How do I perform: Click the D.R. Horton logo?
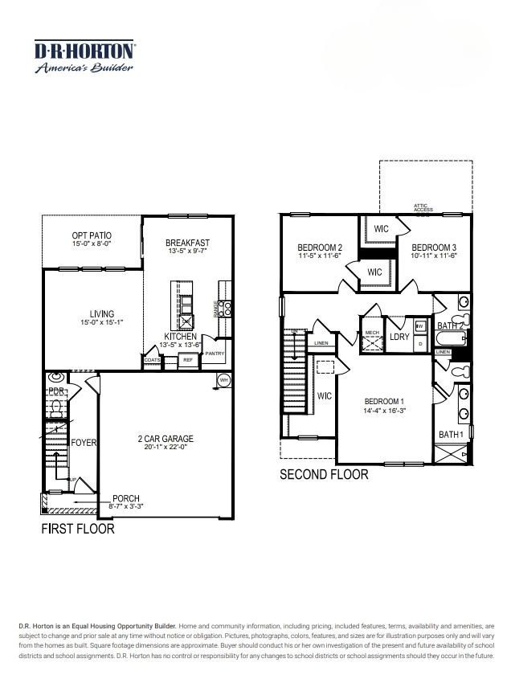point(84,56)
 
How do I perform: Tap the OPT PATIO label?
point(92,235)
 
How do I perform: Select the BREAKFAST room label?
point(188,243)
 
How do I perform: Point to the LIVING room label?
point(102,314)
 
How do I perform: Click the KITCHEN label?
point(181,337)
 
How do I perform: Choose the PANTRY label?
point(214,354)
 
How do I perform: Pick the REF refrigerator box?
point(188,360)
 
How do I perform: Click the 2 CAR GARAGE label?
point(166,439)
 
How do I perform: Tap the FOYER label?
point(84,443)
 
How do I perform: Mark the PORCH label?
point(126,499)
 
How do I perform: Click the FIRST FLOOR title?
point(77,530)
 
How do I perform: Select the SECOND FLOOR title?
point(324,475)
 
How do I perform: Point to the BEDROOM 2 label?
point(320,247)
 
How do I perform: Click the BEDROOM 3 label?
point(434,247)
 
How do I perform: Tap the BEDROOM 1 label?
point(384,402)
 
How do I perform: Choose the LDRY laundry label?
point(399,337)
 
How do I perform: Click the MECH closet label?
point(371,333)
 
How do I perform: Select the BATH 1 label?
point(451,435)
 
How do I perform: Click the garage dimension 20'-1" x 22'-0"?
point(166,448)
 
